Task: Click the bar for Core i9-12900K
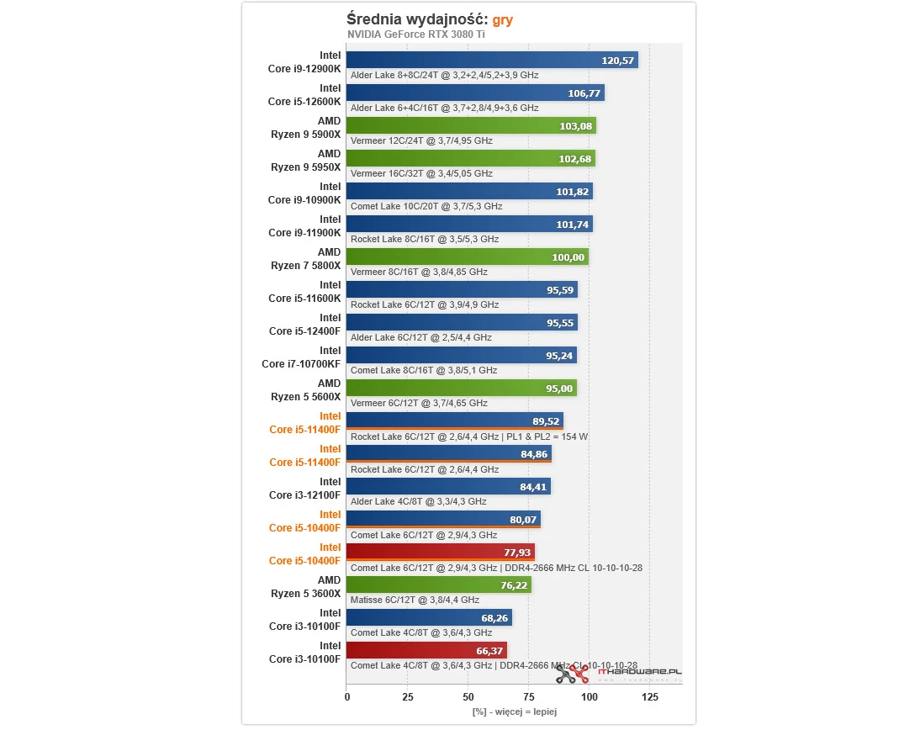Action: [492, 60]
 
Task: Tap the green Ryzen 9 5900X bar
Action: [471, 126]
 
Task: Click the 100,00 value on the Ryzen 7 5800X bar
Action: [568, 257]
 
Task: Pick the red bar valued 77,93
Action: [441, 553]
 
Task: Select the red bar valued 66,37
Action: [426, 650]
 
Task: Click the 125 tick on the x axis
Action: [649, 696]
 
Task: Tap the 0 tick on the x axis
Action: [346, 696]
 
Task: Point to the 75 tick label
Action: [528, 696]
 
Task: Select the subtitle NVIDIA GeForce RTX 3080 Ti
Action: [416, 34]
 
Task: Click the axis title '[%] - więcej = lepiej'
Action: [514, 711]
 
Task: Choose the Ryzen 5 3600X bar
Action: [438, 585]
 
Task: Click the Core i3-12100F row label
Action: [304, 489]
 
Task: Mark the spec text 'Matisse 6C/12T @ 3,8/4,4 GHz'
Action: [415, 600]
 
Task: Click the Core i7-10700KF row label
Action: [302, 357]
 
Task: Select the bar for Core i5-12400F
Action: [462, 322]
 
